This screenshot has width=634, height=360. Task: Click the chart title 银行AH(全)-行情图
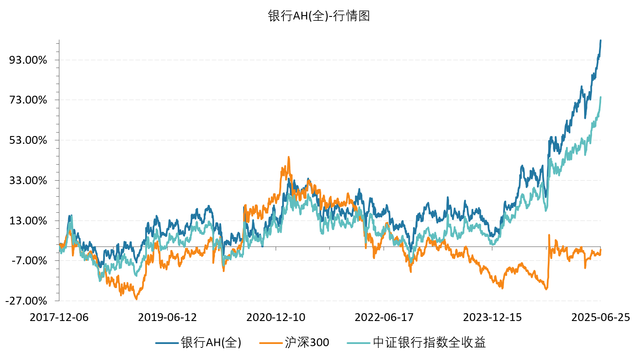click(x=319, y=16)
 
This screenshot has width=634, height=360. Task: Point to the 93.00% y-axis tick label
click(x=28, y=60)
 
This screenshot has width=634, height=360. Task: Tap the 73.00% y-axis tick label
click(x=28, y=100)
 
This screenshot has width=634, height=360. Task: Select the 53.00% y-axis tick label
click(x=28, y=140)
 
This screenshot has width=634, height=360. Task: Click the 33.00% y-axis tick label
click(x=28, y=181)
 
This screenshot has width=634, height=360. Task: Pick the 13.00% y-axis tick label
click(x=28, y=221)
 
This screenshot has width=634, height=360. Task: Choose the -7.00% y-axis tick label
click(x=29, y=261)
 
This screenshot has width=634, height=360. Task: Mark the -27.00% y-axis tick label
click(x=26, y=301)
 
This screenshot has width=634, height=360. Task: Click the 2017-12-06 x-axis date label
click(x=59, y=318)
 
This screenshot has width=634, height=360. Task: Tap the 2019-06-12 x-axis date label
click(x=167, y=318)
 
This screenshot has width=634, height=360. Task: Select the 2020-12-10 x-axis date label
click(x=276, y=318)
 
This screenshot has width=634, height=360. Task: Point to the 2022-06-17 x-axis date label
click(x=384, y=318)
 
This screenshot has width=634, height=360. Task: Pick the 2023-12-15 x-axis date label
click(x=492, y=318)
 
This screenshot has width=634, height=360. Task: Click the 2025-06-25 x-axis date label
click(x=601, y=318)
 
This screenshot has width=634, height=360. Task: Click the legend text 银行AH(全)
click(x=211, y=343)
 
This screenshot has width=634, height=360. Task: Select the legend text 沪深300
click(x=307, y=343)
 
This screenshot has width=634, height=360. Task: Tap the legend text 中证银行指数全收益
click(x=429, y=343)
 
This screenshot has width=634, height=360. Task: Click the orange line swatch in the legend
click(x=271, y=343)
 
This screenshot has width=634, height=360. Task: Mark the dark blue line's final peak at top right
click(x=600, y=40)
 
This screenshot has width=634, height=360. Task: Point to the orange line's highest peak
click(x=288, y=157)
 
